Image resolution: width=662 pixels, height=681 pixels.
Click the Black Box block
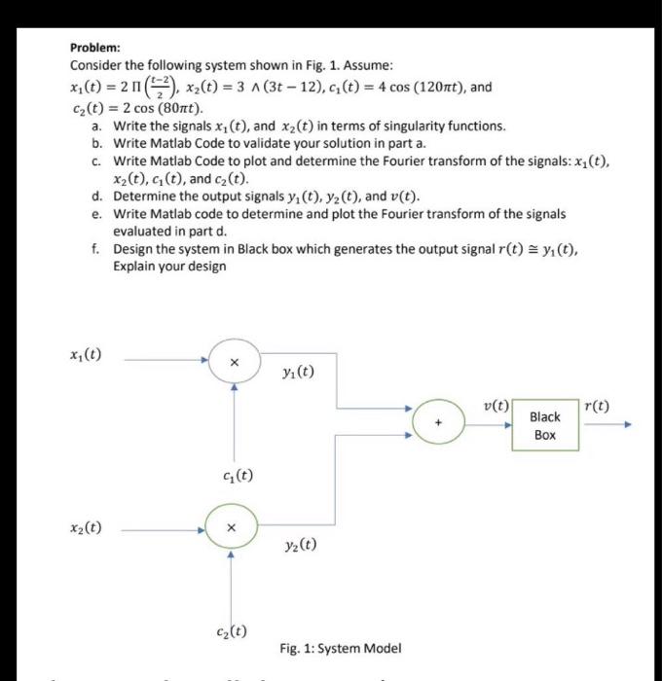point(545,425)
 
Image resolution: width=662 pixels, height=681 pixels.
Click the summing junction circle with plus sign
point(438,423)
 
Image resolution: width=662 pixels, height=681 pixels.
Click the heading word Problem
point(95,47)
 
